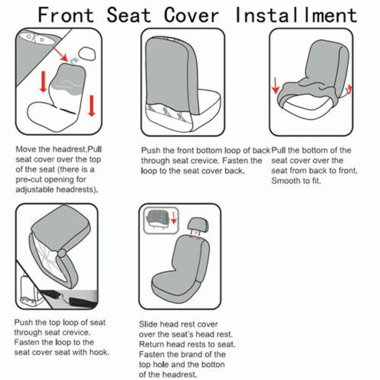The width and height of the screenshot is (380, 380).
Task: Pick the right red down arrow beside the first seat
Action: pos(91,105)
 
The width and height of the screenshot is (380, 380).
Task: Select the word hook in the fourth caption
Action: pos(98,352)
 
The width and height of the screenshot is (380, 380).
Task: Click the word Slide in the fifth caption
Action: pos(148,325)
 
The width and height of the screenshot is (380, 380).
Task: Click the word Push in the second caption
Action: pos(151,150)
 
